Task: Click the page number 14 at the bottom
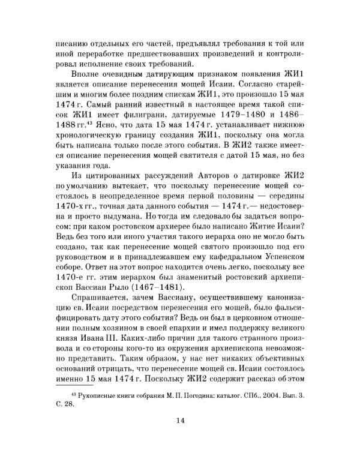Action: click(179, 421)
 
